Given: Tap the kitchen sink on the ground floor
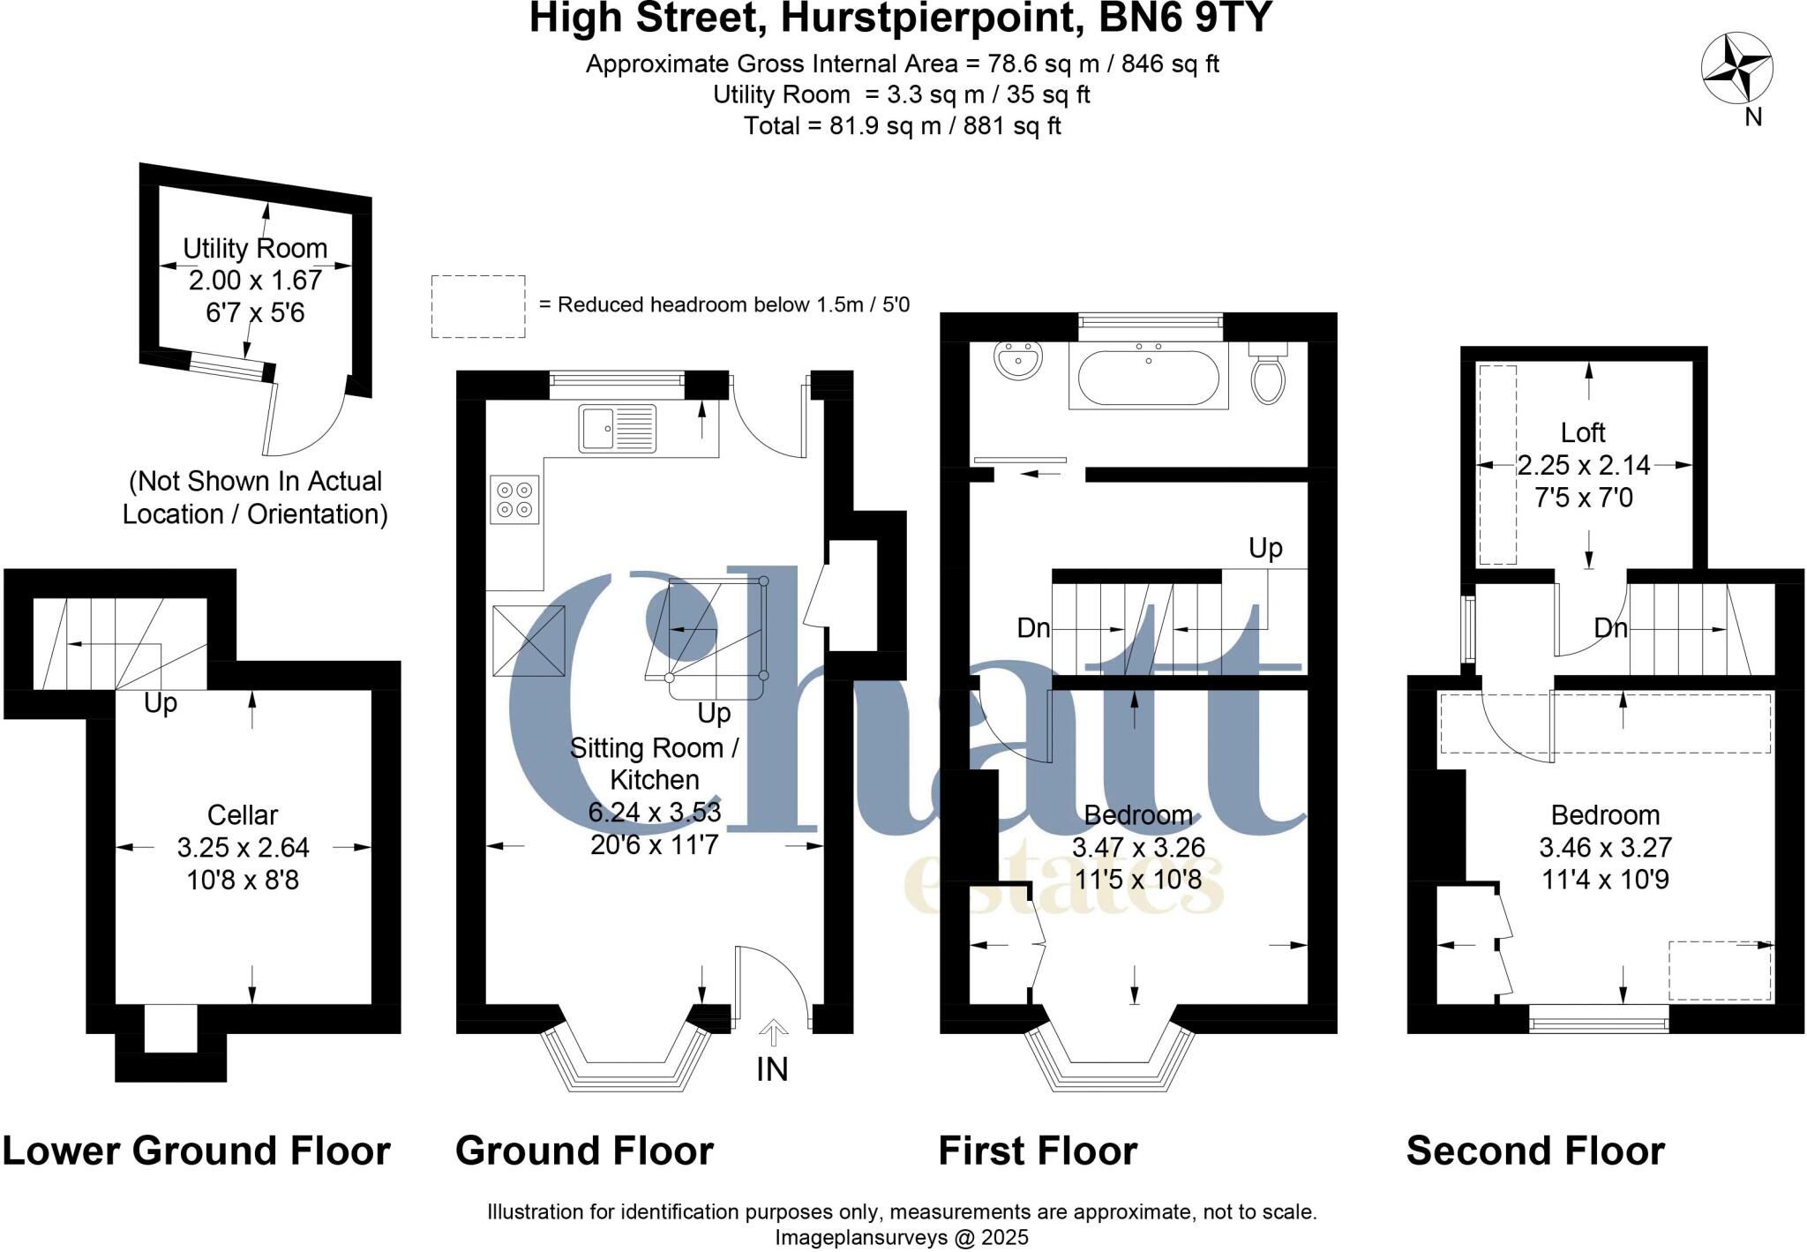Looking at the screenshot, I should [618, 429].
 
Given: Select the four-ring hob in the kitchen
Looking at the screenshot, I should [514, 499].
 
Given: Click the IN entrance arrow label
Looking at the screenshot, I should [772, 1068].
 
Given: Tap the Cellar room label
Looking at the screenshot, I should [243, 814].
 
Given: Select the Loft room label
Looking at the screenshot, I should [1583, 432].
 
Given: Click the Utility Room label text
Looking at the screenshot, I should [255, 249].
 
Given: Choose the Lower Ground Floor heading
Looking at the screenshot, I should [196, 1151].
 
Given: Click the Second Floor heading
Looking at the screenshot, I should [1535, 1151].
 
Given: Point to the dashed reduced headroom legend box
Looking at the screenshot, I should [477, 306].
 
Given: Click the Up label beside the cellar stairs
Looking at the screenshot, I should [161, 703].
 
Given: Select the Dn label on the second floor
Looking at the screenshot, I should [1610, 628].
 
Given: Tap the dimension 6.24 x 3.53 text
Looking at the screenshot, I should [655, 812].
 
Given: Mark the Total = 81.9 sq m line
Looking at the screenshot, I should [902, 126].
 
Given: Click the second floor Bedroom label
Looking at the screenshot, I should [1605, 814].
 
